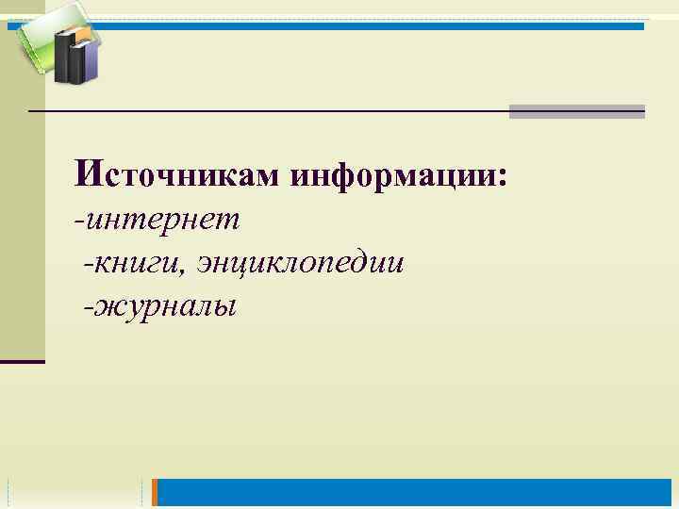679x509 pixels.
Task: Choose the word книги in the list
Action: [x=140, y=264]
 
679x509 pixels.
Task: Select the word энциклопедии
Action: [x=302, y=264]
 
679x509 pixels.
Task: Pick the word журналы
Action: [x=164, y=306]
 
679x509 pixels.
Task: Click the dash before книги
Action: [x=87, y=265]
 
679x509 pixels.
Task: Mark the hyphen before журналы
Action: [x=87, y=307]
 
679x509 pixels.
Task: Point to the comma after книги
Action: [x=190, y=271]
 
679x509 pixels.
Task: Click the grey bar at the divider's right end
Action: [x=576, y=111]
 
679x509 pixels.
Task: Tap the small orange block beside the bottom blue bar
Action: [x=157, y=492]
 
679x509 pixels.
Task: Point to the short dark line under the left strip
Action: [x=23, y=361]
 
